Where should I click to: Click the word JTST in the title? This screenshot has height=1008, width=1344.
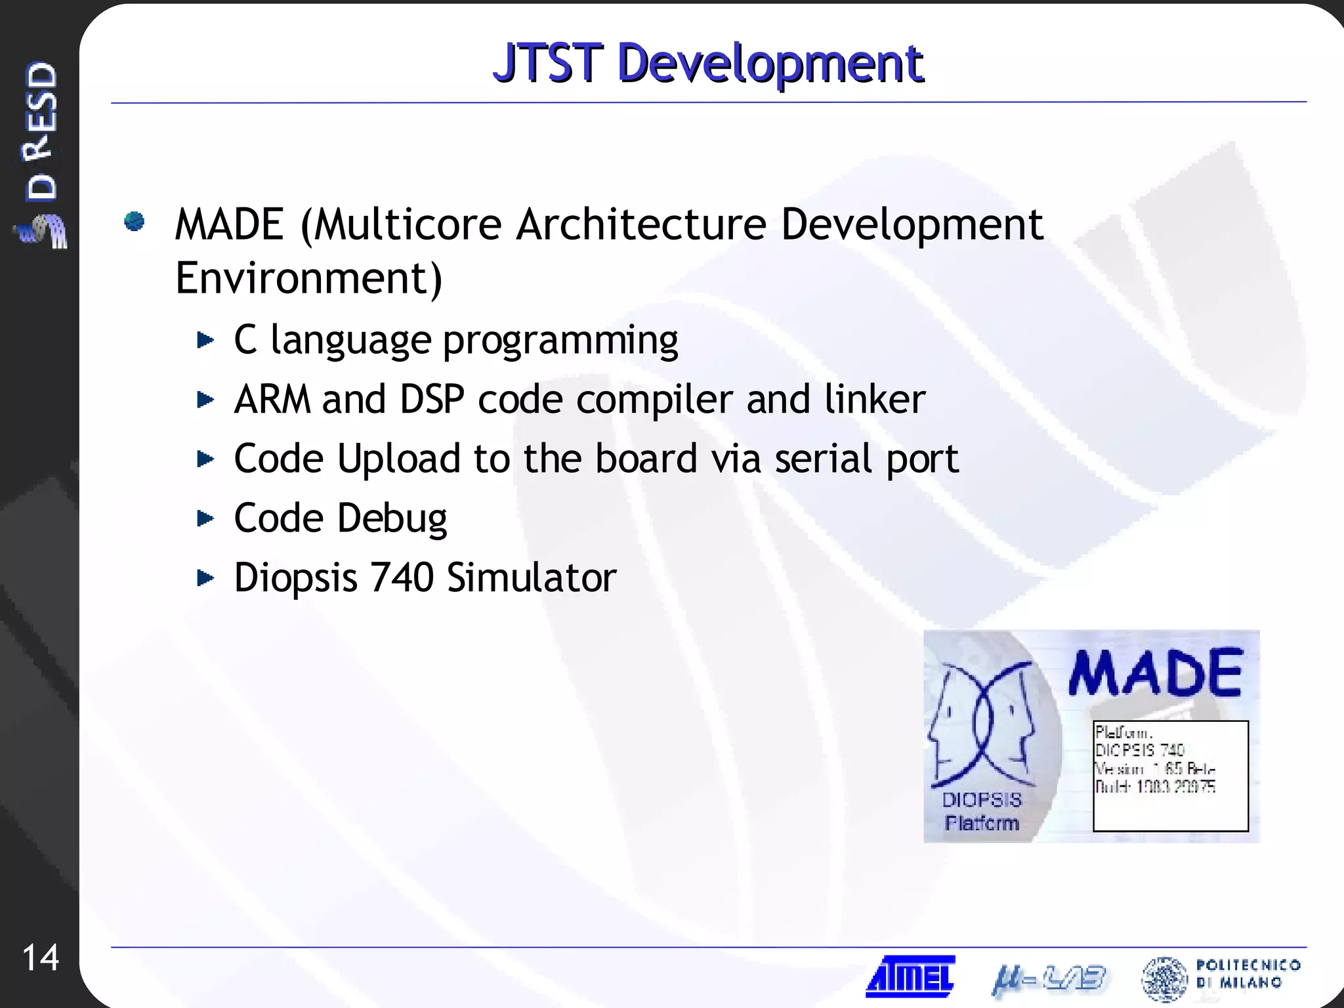pyautogui.click(x=547, y=63)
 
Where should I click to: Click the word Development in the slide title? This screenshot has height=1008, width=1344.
pyautogui.click(x=770, y=64)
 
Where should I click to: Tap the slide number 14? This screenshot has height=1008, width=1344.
pyautogui.click(x=41, y=957)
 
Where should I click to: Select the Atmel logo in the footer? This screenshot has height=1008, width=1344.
pyautogui.click(x=910, y=976)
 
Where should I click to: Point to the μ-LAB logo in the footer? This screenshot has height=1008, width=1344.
pyautogui.click(x=1048, y=978)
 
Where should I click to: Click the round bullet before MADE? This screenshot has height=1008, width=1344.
pyautogui.click(x=135, y=222)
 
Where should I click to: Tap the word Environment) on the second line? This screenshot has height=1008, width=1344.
pyautogui.click(x=309, y=279)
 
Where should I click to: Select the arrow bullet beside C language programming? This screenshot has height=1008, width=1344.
pyautogui.click(x=205, y=340)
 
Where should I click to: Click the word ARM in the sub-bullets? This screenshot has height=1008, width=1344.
pyautogui.click(x=272, y=399)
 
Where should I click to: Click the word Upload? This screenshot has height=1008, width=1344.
pyautogui.click(x=398, y=459)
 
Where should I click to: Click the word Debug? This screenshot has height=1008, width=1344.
pyautogui.click(x=392, y=518)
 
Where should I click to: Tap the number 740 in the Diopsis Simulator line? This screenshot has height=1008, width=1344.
pyautogui.click(x=402, y=577)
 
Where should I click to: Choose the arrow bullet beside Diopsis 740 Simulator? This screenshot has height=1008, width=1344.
pyautogui.click(x=205, y=577)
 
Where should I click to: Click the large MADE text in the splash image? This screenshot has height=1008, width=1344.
pyautogui.click(x=1155, y=673)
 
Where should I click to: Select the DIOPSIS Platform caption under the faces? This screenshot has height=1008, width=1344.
pyautogui.click(x=982, y=811)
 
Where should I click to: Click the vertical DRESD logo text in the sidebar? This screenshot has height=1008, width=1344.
pyautogui.click(x=41, y=131)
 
